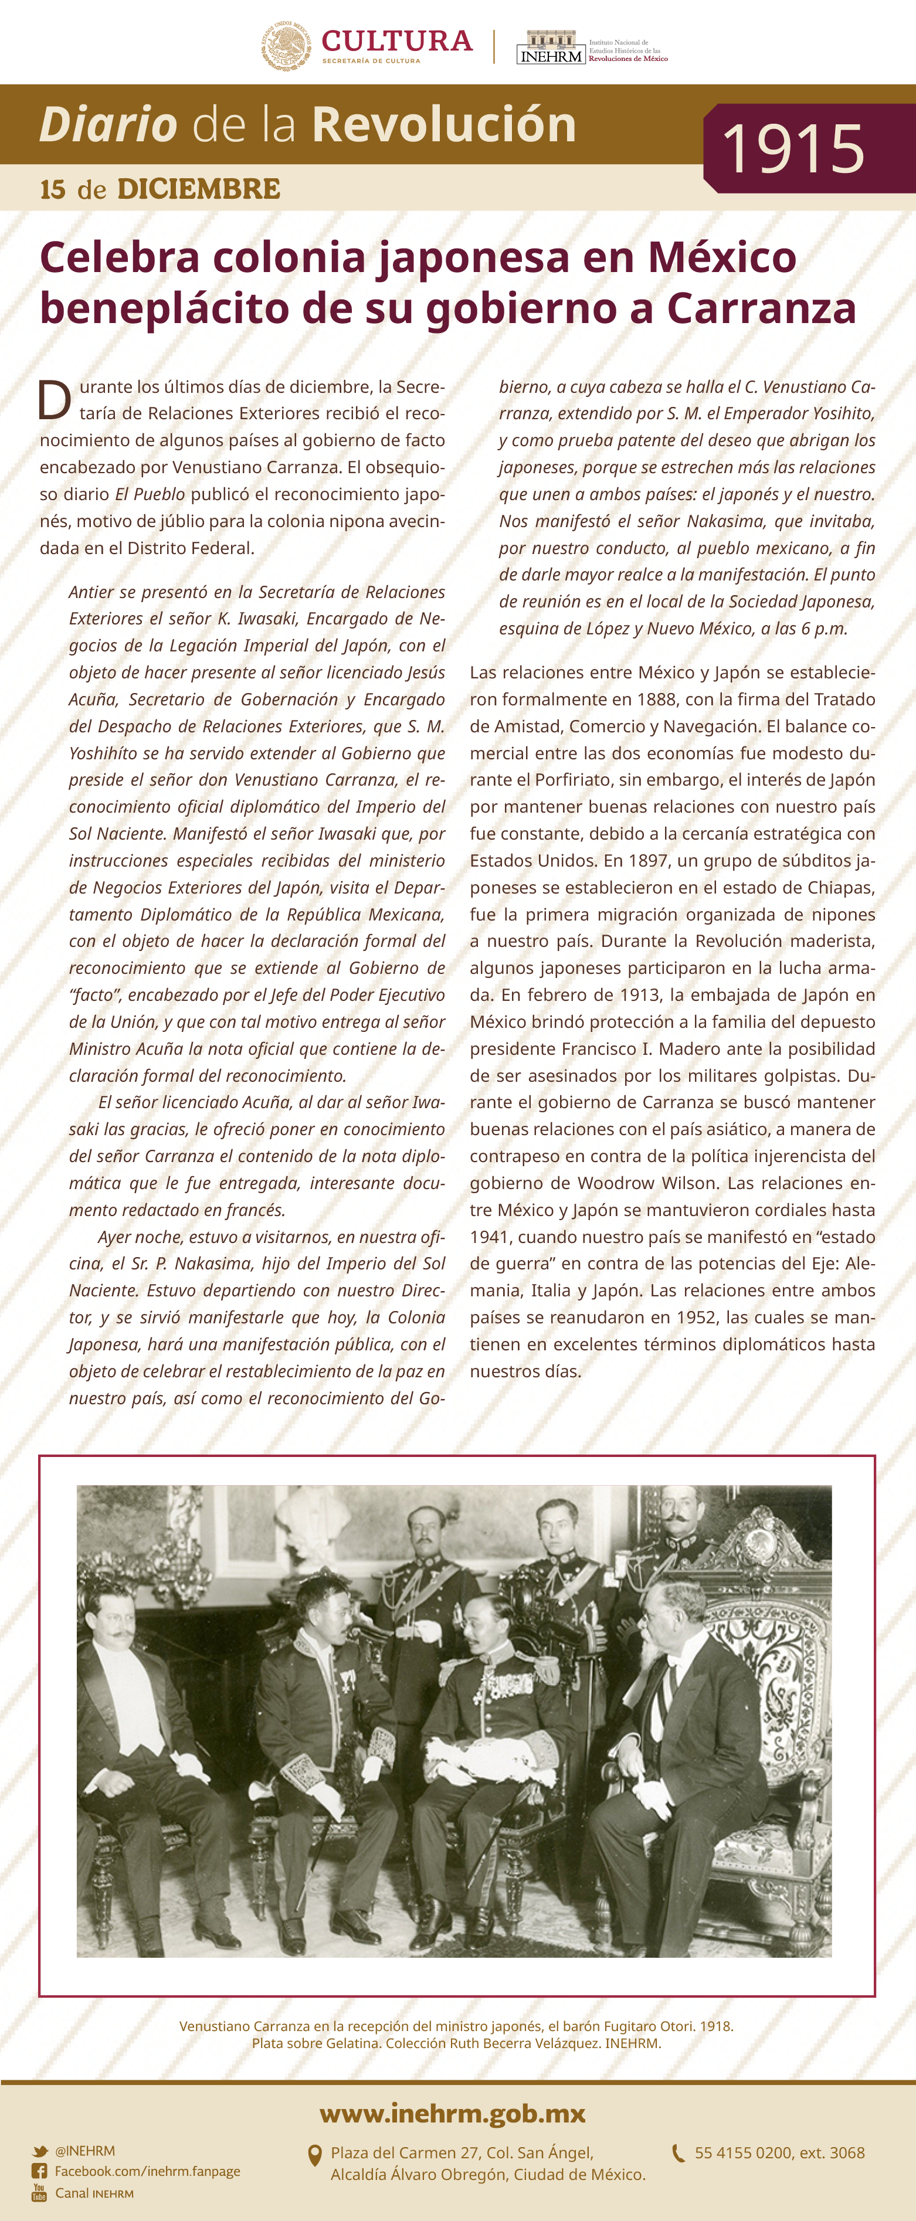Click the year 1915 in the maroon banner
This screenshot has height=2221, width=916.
point(793,148)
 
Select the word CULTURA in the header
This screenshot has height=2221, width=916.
point(397,40)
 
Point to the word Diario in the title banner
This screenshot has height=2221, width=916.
point(108,124)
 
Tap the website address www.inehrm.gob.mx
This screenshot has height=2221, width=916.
point(452,2113)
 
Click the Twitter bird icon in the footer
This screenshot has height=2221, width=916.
point(40,2151)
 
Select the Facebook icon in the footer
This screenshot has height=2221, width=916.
point(40,2171)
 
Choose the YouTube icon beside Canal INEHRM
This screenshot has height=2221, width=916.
point(40,2192)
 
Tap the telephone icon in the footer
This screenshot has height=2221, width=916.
point(679,2153)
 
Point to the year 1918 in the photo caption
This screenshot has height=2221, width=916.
point(715,2026)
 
